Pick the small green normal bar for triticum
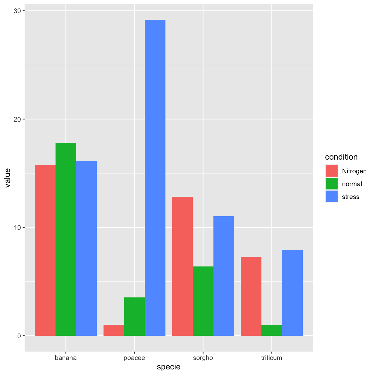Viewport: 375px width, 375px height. tap(272, 330)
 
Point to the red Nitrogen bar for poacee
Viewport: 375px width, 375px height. tap(114, 330)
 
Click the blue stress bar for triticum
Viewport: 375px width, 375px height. tap(292, 293)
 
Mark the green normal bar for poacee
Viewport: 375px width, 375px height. tap(134, 316)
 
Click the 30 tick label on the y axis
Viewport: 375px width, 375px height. tap(18, 11)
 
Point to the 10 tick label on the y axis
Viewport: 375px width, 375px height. tap(18, 228)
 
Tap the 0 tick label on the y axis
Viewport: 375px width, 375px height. tap(19, 336)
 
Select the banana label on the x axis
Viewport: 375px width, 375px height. tap(66, 358)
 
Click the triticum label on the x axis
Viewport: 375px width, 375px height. tap(272, 358)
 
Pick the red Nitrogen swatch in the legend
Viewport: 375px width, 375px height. tap(331, 171)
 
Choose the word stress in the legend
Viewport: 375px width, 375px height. tap(351, 197)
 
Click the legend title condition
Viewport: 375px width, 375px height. tap(341, 157)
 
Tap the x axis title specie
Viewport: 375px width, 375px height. tap(169, 367)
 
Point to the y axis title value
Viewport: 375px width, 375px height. tap(8, 178)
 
